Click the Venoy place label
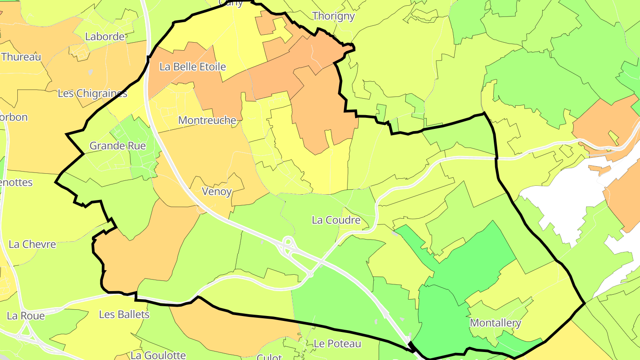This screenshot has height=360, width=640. point(217,192)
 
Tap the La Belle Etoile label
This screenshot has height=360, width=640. point(192,67)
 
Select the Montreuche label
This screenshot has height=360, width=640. point(207,120)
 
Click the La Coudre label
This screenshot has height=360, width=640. point(336,220)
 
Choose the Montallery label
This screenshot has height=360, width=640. point(495,323)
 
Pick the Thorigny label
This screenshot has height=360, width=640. point(333,16)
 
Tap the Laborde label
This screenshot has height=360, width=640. point(105,36)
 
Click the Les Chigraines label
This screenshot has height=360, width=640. point(92,93)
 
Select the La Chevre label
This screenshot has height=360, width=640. point(32,244)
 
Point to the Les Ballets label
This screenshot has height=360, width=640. point(124,315)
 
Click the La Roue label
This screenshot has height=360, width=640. point(26,316)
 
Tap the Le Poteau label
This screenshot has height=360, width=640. point(337,344)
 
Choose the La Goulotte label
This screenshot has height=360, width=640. point(158,355)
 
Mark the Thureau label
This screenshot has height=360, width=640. point(21,57)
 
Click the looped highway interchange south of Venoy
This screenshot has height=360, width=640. point(288,245)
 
